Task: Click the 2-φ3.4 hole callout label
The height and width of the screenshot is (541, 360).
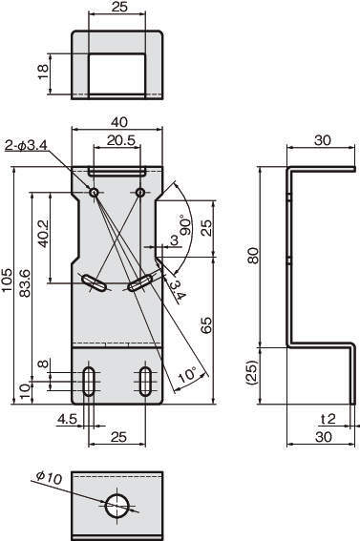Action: tap(26, 146)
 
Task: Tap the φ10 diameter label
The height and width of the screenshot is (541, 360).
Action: tap(49, 478)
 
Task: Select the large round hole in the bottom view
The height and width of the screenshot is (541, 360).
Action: tap(117, 506)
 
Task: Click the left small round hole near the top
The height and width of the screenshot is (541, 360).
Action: tap(94, 192)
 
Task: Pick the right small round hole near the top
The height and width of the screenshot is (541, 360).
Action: tap(139, 192)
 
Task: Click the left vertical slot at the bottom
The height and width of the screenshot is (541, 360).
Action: tap(89, 382)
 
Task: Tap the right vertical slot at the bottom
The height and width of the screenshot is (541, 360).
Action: tap(145, 382)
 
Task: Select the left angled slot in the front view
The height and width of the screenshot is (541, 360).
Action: tap(94, 283)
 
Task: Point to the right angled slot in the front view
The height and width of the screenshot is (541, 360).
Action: tap(140, 283)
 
